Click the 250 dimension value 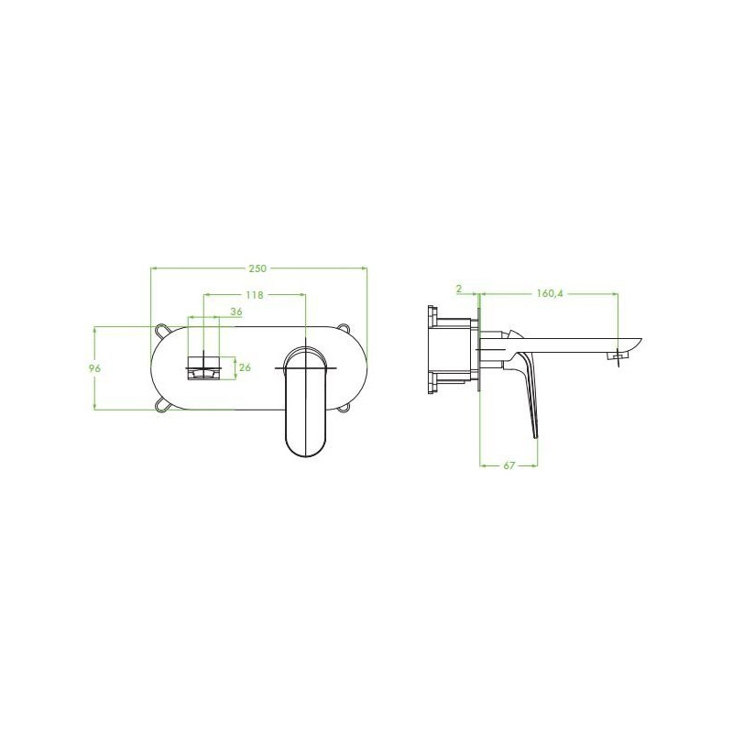pos(257,268)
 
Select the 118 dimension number pos(255,295)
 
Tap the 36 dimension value pos(236,312)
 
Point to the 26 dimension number pos(245,367)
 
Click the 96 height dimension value pos(95,368)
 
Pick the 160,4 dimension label pos(551,293)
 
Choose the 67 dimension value pos(509,465)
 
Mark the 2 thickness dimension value pos(459,289)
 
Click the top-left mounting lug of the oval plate pos(162,329)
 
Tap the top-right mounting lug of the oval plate pos(345,328)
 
